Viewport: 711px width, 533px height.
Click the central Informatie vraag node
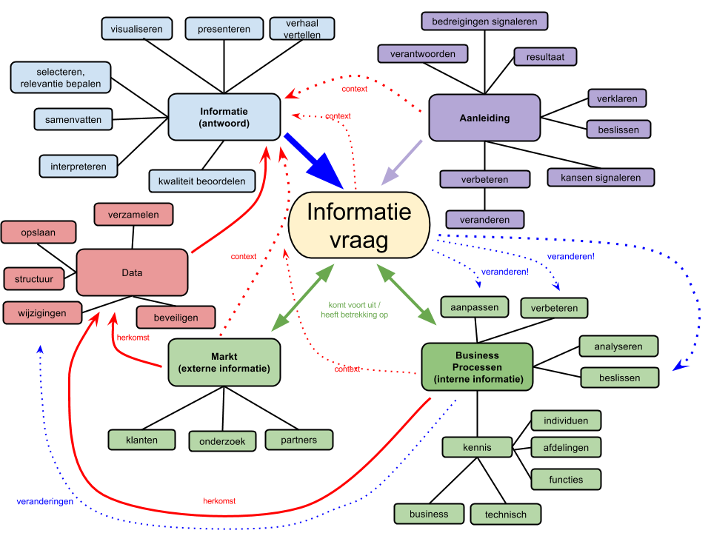point(359,225)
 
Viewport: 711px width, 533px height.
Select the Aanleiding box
point(484,118)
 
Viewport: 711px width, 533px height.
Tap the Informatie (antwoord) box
point(224,117)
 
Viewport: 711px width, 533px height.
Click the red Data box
point(132,272)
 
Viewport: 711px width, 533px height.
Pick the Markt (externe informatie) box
point(224,362)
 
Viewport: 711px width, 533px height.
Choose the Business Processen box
point(477,367)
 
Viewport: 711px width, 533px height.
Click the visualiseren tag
point(137,29)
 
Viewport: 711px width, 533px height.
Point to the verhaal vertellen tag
point(301,29)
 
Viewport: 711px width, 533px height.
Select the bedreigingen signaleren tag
point(484,21)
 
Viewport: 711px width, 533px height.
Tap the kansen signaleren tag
point(601,178)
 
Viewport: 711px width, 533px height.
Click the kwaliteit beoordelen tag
point(201,181)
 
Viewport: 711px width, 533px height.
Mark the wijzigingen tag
point(42,313)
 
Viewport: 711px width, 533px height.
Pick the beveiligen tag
point(176,318)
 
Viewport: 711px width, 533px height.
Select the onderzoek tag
point(222,441)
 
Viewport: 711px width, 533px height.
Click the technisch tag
point(506,514)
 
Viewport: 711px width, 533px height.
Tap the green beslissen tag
point(619,378)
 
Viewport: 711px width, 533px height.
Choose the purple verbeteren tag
point(484,180)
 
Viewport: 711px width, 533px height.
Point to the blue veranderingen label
point(45,502)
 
